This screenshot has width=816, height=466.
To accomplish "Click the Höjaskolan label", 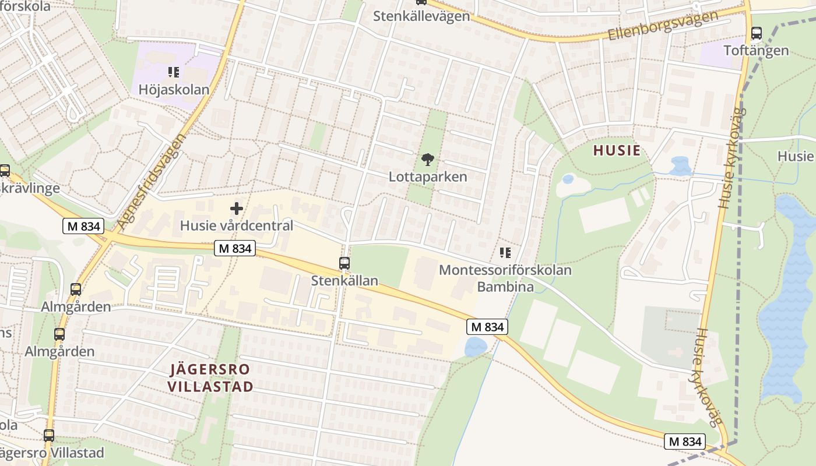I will [174, 90].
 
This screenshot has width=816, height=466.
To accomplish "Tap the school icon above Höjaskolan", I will [174, 72].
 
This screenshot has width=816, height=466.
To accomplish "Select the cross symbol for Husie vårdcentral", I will [237, 209].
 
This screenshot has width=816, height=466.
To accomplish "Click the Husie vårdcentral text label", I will [237, 225].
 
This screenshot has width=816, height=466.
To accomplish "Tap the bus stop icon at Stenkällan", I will [344, 263].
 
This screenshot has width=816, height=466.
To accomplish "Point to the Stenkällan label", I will [344, 280].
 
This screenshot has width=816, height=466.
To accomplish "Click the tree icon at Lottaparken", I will [428, 159].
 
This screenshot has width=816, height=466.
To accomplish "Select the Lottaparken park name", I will [428, 176].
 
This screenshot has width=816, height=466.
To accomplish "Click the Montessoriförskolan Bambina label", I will [505, 278].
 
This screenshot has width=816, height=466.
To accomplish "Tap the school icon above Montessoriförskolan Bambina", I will [505, 253].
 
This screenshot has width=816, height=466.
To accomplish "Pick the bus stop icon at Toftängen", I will [757, 33].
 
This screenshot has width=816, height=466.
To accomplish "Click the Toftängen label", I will [756, 50].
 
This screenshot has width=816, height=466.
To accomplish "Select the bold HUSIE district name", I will [617, 150].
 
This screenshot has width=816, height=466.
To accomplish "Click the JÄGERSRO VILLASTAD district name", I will [210, 377].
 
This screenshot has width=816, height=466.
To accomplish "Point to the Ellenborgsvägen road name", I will [663, 25].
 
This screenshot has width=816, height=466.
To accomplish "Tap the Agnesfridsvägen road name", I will [151, 181].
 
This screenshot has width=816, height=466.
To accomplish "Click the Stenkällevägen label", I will [421, 16].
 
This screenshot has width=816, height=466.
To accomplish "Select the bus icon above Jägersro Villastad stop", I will [49, 435].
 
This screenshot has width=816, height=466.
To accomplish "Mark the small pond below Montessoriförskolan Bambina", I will [476, 347].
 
